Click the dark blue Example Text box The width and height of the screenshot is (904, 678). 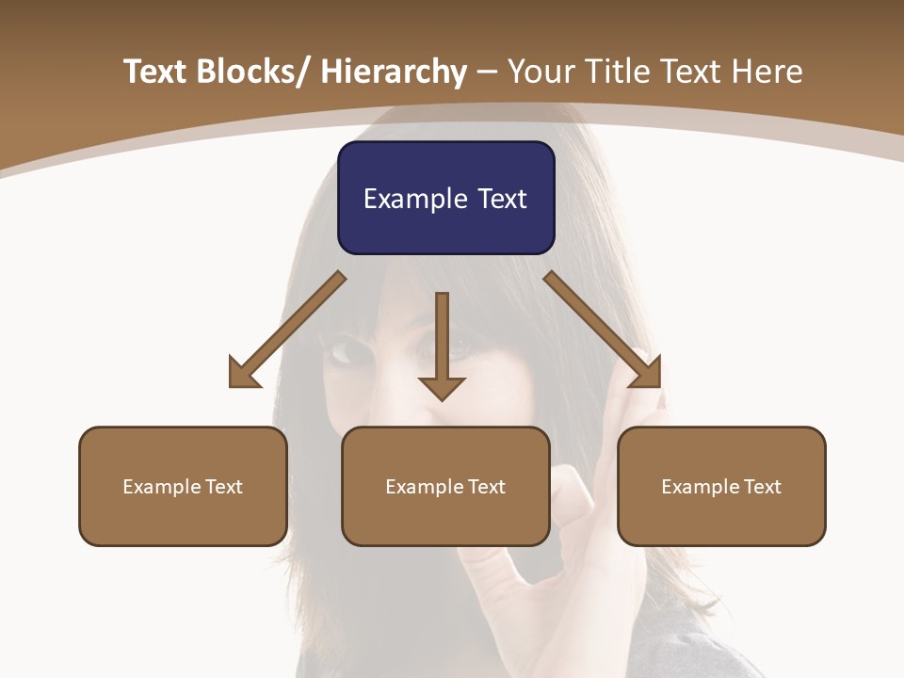coord(445,198)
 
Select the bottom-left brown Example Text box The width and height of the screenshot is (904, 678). coord(183,487)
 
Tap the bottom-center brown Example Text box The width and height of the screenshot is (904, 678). coord(445,487)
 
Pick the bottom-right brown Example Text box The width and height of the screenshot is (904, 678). coord(721,487)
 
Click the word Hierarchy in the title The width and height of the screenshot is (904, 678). coord(394,72)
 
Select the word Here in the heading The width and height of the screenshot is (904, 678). coord(768,72)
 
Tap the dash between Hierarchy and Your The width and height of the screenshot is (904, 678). coord(487,73)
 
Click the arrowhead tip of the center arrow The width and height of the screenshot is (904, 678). coord(442,399)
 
